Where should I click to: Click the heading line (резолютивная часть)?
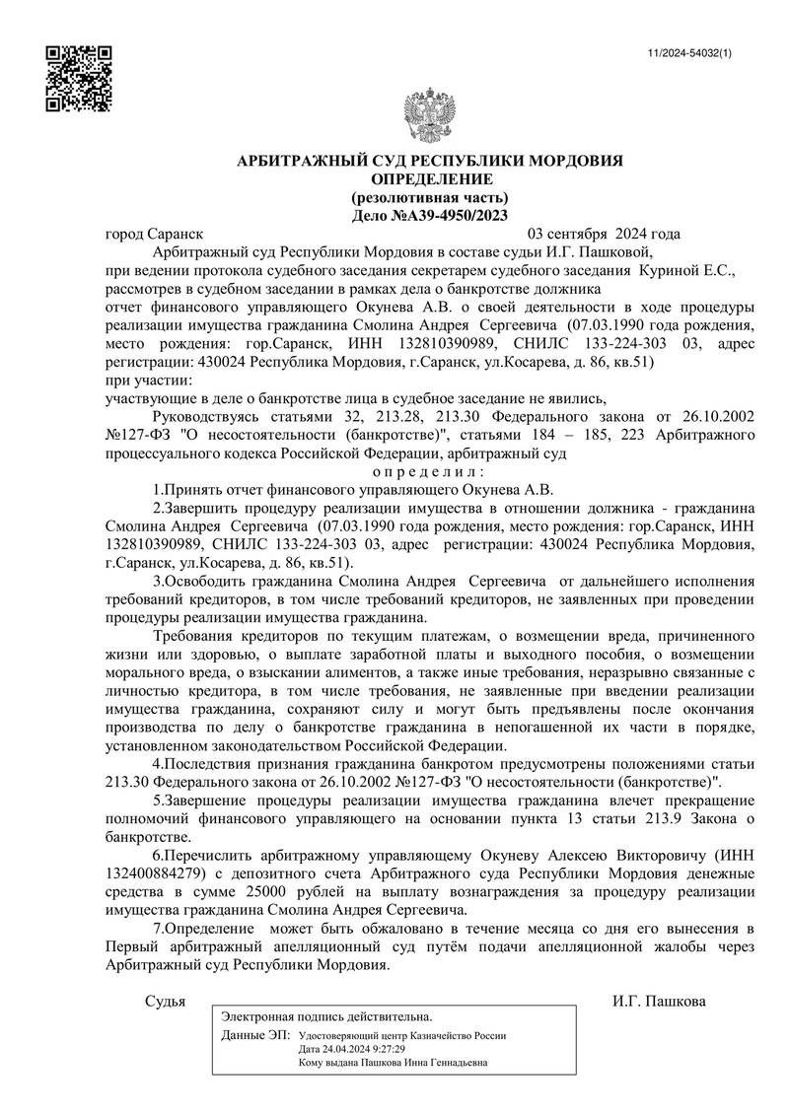pos(430,196)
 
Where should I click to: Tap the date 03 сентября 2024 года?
pos(604,235)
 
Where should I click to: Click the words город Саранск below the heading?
pos(154,235)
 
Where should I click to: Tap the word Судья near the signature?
pos(165,1001)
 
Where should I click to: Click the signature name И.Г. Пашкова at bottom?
pos(659,1001)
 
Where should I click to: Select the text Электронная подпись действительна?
pos(326,1015)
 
